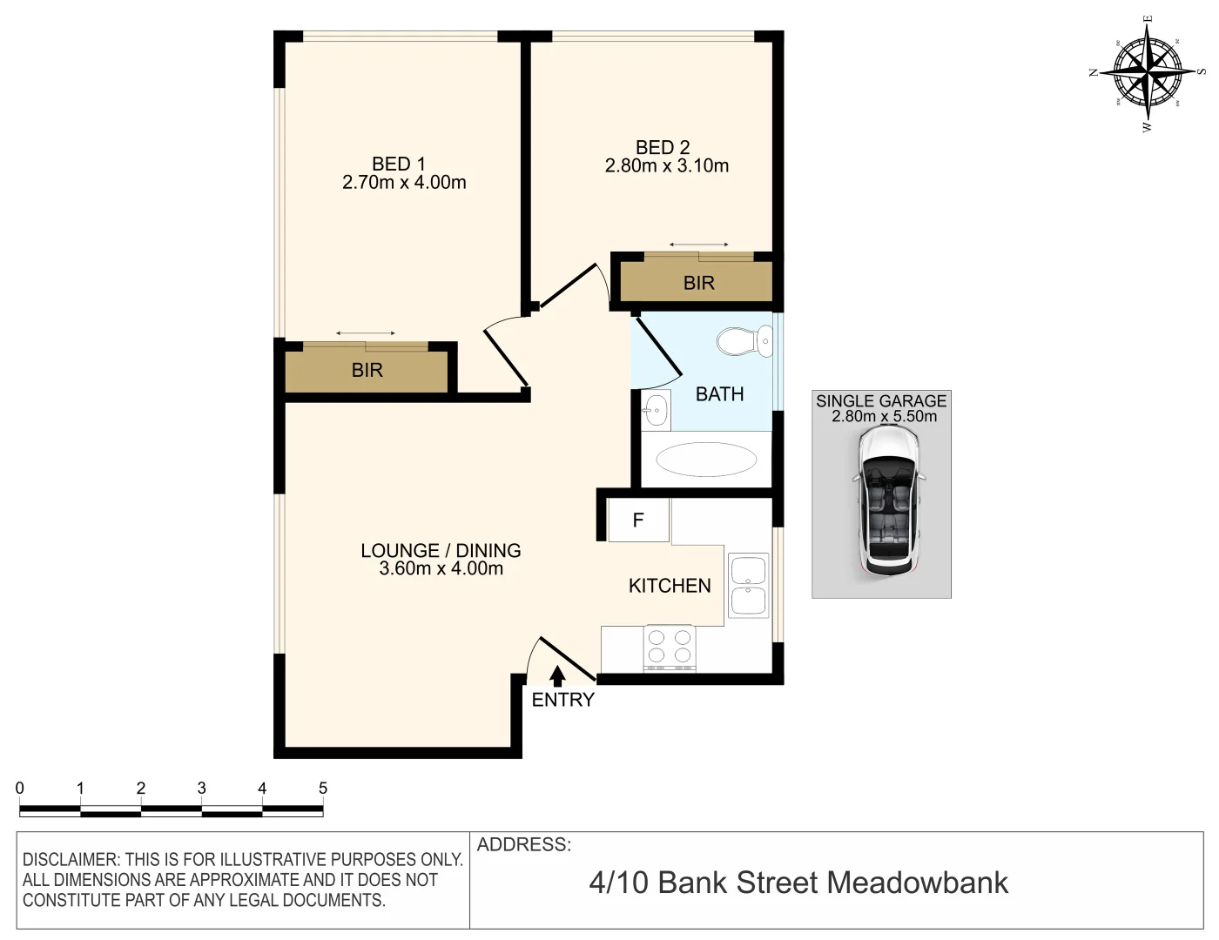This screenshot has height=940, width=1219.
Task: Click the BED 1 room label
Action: pyautogui.click(x=398, y=164)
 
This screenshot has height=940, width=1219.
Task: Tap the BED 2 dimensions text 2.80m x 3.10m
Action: pyautogui.click(x=666, y=166)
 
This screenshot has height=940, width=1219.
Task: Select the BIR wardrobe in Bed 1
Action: pyautogui.click(x=367, y=371)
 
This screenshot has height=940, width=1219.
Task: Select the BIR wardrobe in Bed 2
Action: pyautogui.click(x=698, y=283)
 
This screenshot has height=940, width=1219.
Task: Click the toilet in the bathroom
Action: pyautogui.click(x=744, y=341)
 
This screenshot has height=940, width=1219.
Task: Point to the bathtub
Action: pyautogui.click(x=706, y=460)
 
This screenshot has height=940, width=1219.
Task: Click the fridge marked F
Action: pyautogui.click(x=638, y=520)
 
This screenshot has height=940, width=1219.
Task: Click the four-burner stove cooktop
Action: pyautogui.click(x=670, y=647)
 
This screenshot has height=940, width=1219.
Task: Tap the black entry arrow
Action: pyautogui.click(x=557, y=675)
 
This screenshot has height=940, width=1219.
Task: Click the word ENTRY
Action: pyautogui.click(x=562, y=700)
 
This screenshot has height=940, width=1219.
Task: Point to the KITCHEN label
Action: pyautogui.click(x=670, y=586)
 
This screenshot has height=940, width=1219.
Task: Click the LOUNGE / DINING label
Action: pyautogui.click(x=441, y=550)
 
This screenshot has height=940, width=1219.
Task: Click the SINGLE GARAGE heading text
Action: pyautogui.click(x=880, y=401)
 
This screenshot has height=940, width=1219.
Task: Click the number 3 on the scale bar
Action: pyautogui.click(x=201, y=789)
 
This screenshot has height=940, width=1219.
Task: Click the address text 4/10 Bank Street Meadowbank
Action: pyautogui.click(x=798, y=883)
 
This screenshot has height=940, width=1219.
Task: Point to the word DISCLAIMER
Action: pyautogui.click(x=70, y=860)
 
